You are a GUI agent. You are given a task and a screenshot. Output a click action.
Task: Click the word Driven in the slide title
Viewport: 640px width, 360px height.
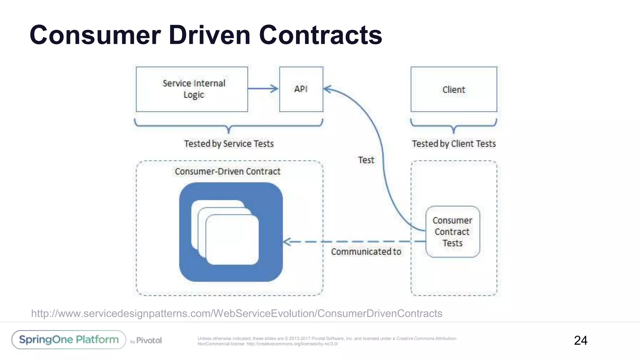tap(209, 35)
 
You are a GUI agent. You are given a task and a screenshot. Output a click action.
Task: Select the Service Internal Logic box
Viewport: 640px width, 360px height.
tap(192, 89)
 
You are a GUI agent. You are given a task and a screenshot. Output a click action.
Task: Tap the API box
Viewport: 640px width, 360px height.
tap(301, 89)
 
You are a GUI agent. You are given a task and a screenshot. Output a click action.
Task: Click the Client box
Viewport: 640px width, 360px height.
tap(453, 89)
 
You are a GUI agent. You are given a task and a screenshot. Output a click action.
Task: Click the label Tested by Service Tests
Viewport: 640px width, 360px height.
tap(229, 144)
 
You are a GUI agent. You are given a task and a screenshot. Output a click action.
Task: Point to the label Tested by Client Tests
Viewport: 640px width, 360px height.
tap(453, 144)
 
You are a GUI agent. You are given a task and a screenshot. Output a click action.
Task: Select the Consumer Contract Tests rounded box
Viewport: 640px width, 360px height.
tap(452, 232)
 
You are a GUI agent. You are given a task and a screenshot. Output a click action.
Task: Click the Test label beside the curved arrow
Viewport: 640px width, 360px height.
tap(366, 160)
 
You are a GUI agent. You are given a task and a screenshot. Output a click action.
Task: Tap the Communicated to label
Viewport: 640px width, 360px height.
tap(366, 252)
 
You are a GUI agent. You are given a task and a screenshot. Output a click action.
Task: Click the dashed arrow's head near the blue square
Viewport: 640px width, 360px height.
tap(286, 242)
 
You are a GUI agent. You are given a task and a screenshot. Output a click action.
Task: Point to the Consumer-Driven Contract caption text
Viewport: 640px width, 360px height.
tap(227, 172)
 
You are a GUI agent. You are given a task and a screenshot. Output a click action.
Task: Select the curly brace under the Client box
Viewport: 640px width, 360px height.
tap(453, 126)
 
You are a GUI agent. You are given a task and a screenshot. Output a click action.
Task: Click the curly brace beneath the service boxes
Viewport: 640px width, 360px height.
tap(229, 126)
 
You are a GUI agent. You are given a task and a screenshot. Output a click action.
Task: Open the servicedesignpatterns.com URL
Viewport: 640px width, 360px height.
tap(237, 313)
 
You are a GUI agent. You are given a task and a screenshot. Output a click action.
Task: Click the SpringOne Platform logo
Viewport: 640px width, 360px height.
tap(69, 340)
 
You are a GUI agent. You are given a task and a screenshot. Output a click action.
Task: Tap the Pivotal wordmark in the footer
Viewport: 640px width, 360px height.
tap(149, 340)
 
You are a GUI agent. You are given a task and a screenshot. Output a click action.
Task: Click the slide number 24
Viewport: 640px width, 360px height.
tap(580, 340)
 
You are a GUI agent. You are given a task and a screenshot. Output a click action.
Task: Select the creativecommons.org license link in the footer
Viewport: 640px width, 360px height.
tap(292, 344)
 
